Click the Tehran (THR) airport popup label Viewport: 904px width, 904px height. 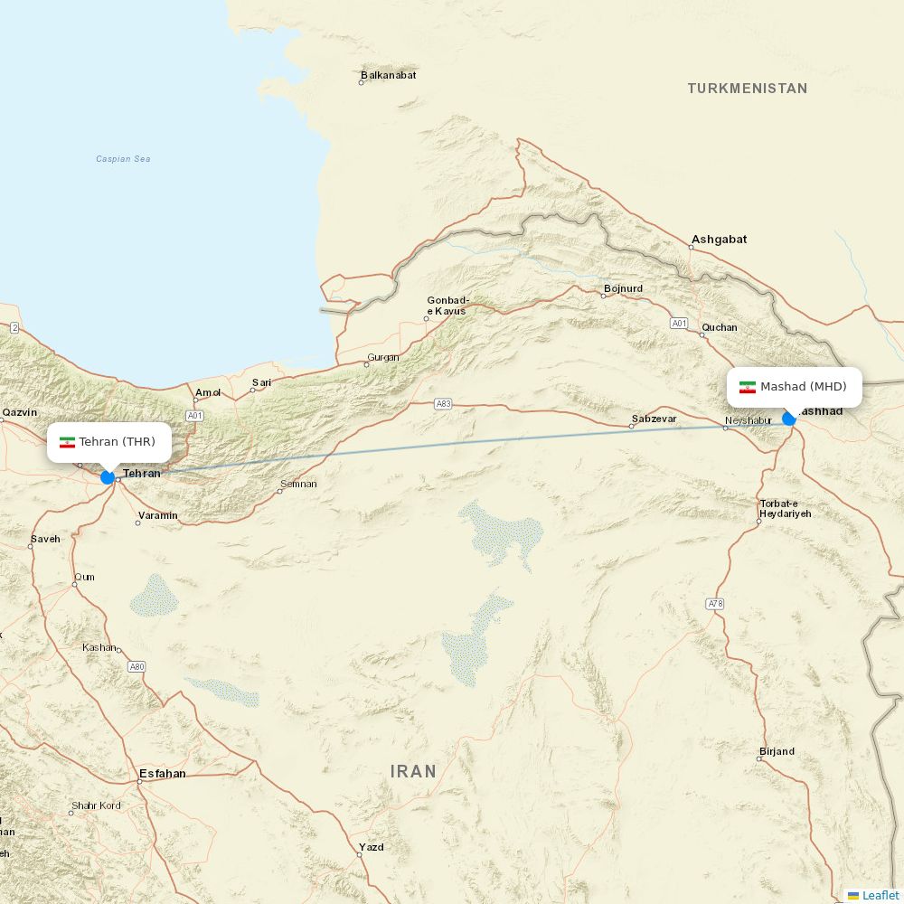(109, 442)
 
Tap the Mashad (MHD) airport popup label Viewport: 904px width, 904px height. (795, 387)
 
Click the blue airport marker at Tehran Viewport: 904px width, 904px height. (108, 477)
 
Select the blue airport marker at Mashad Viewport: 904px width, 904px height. (789, 419)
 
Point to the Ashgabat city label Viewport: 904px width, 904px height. (719, 240)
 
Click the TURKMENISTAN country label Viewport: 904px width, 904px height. (747, 89)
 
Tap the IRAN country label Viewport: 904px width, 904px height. (413, 771)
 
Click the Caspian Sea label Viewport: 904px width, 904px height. (123, 159)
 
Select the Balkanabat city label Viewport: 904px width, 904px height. (388, 75)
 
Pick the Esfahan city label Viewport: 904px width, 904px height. (162, 774)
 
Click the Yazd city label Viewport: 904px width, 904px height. (371, 847)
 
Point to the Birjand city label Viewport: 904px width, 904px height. (777, 751)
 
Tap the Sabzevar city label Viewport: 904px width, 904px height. (654, 419)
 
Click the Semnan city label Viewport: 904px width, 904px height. (298, 484)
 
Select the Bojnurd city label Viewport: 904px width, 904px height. (623, 288)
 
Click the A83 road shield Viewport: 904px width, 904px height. (443, 404)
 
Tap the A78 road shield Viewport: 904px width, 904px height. (716, 603)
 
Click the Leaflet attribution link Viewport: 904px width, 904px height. (880, 895)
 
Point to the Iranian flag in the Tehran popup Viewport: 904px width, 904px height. (67, 443)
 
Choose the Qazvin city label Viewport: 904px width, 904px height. (20, 412)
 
